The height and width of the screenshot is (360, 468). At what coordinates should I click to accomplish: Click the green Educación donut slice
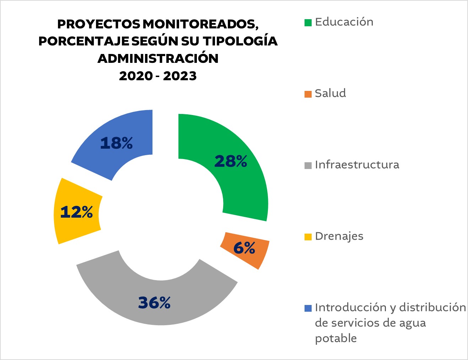245,185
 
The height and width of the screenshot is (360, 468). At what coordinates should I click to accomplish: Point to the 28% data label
231,162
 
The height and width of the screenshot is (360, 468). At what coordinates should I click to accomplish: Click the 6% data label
244,248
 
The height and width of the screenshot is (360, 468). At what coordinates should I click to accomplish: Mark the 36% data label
154,303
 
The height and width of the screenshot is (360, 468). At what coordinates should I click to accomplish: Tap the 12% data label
76,212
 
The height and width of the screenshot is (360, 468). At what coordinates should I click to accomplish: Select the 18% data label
116,143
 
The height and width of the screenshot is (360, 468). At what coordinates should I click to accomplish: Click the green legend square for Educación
308,23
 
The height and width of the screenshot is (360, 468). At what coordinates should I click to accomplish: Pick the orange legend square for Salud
308,94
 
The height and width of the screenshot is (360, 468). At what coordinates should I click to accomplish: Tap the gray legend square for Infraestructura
308,165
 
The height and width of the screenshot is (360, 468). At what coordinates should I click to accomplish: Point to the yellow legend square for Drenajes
308,237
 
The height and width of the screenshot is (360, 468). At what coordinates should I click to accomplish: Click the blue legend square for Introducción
308,308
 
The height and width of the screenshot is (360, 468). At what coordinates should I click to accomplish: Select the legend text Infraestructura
357,165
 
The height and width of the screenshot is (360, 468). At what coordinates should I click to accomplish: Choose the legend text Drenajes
339,236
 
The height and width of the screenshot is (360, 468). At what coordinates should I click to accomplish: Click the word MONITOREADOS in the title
200,24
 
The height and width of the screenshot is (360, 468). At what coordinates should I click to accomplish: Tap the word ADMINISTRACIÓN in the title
158,58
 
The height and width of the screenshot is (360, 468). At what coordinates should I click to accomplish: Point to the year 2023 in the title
180,76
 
